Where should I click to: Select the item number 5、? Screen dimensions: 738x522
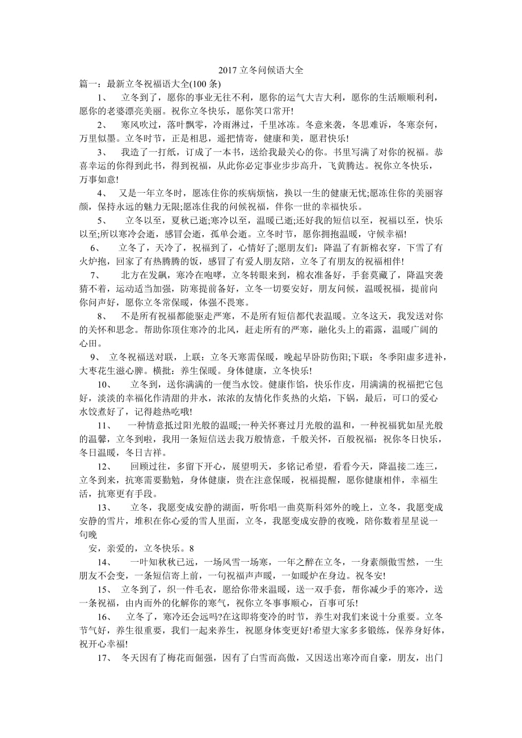[102, 220]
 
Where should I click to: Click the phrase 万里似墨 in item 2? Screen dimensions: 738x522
[98, 138]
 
